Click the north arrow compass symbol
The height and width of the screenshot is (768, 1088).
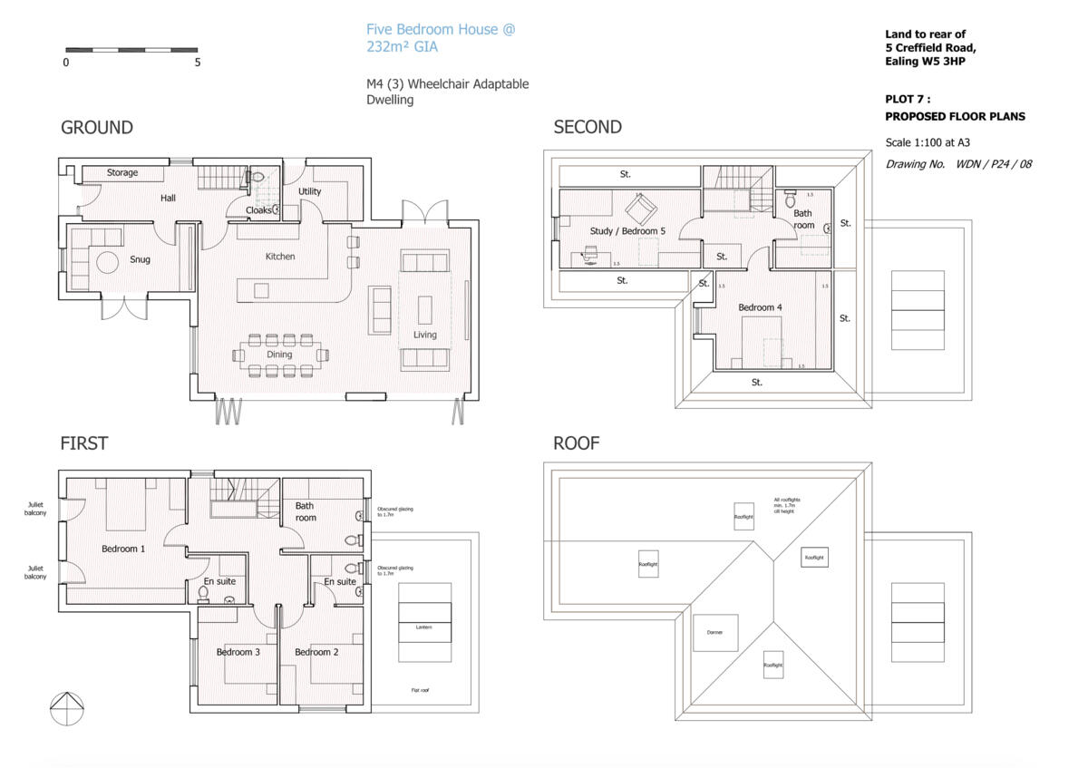tap(66, 708)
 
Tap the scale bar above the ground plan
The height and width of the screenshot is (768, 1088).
tap(131, 49)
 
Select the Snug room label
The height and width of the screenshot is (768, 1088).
tap(140, 259)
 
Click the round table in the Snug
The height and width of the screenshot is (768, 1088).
tap(109, 263)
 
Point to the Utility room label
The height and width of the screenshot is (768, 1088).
tap(310, 191)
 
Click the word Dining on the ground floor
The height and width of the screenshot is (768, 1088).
tap(279, 355)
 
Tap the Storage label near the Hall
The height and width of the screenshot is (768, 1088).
tap(122, 172)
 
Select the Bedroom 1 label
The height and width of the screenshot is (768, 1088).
tap(123, 549)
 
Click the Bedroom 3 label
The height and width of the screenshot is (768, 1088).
tap(238, 652)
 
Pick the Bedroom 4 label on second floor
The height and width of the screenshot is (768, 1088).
tap(760, 307)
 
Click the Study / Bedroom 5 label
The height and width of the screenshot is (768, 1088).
tap(627, 231)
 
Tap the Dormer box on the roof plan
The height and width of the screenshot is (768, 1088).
tap(715, 633)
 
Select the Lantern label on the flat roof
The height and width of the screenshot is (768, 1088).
tap(425, 627)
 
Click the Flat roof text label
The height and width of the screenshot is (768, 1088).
tap(420, 690)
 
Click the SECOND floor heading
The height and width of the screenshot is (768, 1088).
tap(588, 127)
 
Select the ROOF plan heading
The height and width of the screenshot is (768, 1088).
tap(576, 443)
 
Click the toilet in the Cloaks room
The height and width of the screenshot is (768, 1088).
tap(257, 178)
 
